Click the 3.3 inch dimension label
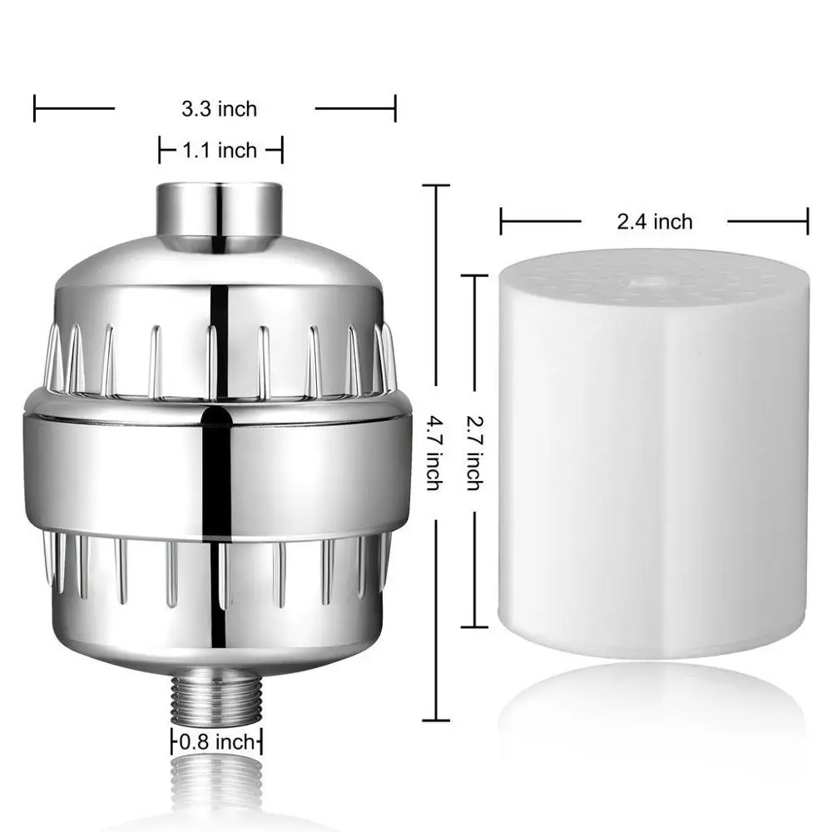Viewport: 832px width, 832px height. [x=220, y=108]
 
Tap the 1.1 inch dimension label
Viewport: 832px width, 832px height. [x=220, y=151]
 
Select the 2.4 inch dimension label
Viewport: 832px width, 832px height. [x=654, y=221]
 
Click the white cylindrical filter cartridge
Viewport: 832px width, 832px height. [x=653, y=466]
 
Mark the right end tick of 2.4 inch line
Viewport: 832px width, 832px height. [x=807, y=222]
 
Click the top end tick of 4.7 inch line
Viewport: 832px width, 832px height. [x=437, y=186]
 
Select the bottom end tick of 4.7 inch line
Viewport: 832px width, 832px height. [x=437, y=720]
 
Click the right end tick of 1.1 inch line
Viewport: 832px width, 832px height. [x=282, y=151]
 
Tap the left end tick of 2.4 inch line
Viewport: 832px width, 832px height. [x=501, y=222]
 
